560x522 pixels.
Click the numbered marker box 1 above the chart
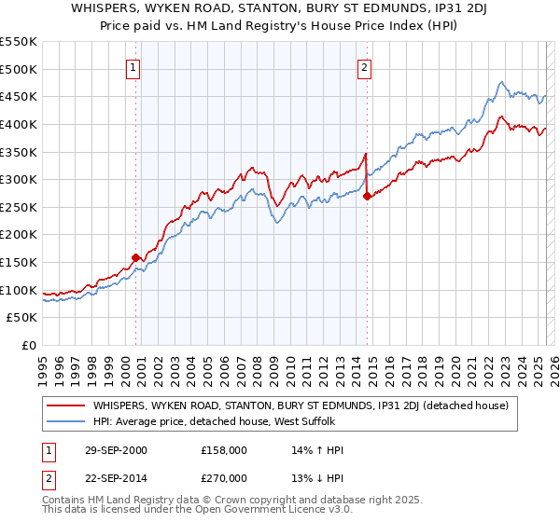(x=133, y=67)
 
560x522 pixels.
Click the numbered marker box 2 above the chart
(x=363, y=67)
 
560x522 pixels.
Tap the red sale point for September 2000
(x=136, y=257)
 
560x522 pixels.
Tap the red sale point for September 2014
(x=367, y=196)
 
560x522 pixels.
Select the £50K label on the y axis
(x=22, y=318)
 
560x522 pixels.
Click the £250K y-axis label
(x=19, y=207)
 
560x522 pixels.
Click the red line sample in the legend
(x=66, y=405)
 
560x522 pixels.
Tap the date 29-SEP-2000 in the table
(x=116, y=450)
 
